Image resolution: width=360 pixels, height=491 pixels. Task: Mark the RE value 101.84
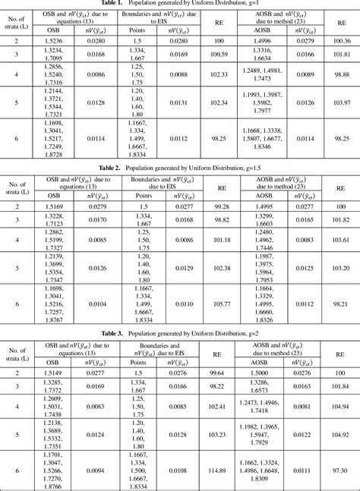(339, 386)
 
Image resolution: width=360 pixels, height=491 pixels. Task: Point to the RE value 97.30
(339, 471)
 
